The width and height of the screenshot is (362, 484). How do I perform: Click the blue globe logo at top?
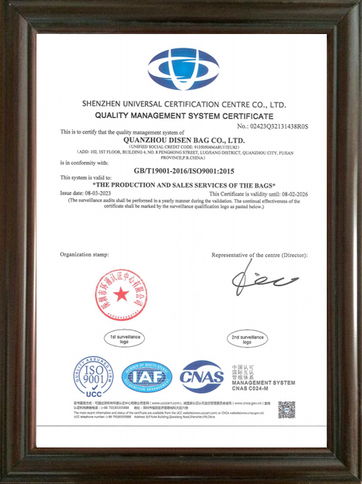[183, 69]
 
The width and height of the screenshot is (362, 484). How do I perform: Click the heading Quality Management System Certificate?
[184, 116]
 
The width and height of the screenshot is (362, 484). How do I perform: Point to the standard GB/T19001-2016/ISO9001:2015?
[184, 170]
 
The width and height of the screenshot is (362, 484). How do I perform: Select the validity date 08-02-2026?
[291, 193]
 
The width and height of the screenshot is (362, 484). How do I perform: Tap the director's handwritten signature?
[264, 280]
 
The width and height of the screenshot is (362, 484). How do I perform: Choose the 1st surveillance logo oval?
[124, 338]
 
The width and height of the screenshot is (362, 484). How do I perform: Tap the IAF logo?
[146, 377]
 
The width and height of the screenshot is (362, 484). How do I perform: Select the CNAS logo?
[201, 377]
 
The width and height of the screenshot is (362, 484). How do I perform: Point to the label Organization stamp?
[84, 254]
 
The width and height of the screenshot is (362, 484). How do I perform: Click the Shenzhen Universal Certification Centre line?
[184, 103]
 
